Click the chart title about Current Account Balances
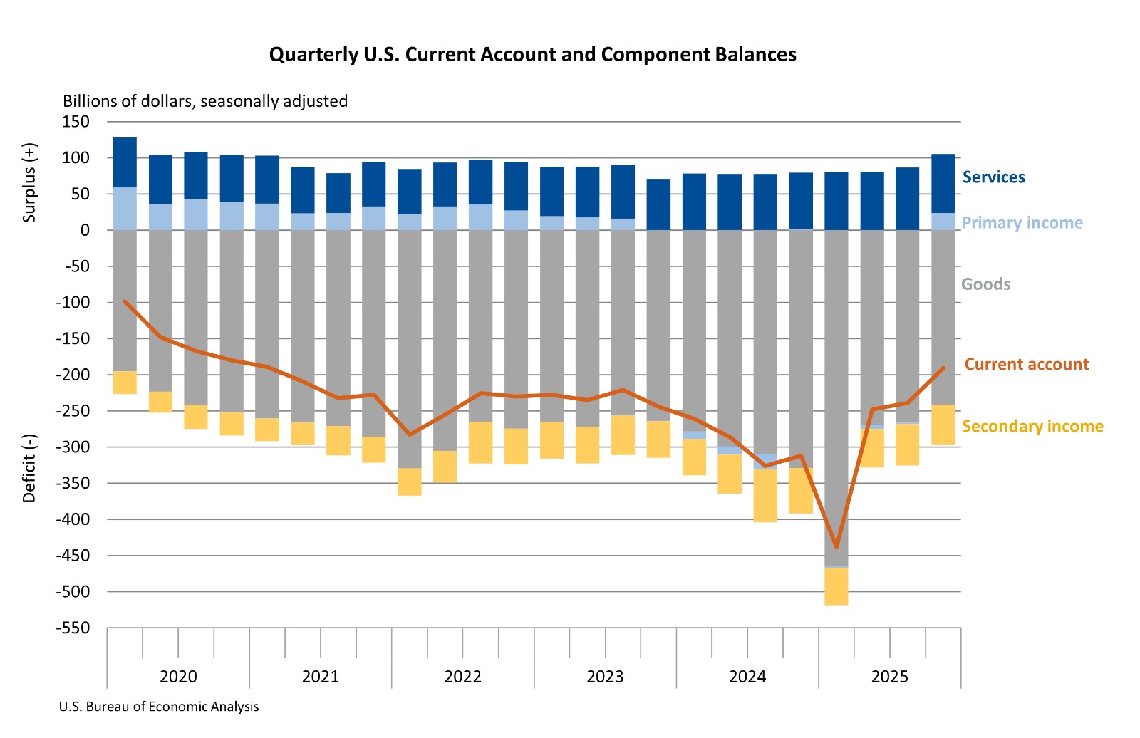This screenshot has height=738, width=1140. (532, 55)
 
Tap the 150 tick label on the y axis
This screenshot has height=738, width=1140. (76, 122)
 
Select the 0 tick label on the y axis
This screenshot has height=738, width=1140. (85, 230)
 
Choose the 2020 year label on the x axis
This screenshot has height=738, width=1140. (178, 677)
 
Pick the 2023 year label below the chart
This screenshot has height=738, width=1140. (605, 677)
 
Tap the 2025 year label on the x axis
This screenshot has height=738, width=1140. (889, 677)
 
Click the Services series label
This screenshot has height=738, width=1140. (993, 177)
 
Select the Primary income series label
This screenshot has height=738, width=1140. (1022, 223)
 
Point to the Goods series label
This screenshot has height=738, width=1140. (985, 284)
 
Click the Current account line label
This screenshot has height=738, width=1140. (1026, 365)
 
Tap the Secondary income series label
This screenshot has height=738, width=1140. (1032, 427)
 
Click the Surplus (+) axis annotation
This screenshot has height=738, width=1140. (29, 183)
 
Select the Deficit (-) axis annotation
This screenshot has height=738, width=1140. (29, 468)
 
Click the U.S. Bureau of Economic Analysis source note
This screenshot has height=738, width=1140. (159, 707)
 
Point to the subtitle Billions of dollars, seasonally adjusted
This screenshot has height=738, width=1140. (205, 101)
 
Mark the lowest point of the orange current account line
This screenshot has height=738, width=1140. (836, 547)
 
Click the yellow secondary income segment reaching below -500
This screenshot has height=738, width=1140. (836, 587)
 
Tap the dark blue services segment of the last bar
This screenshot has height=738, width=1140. (943, 184)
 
